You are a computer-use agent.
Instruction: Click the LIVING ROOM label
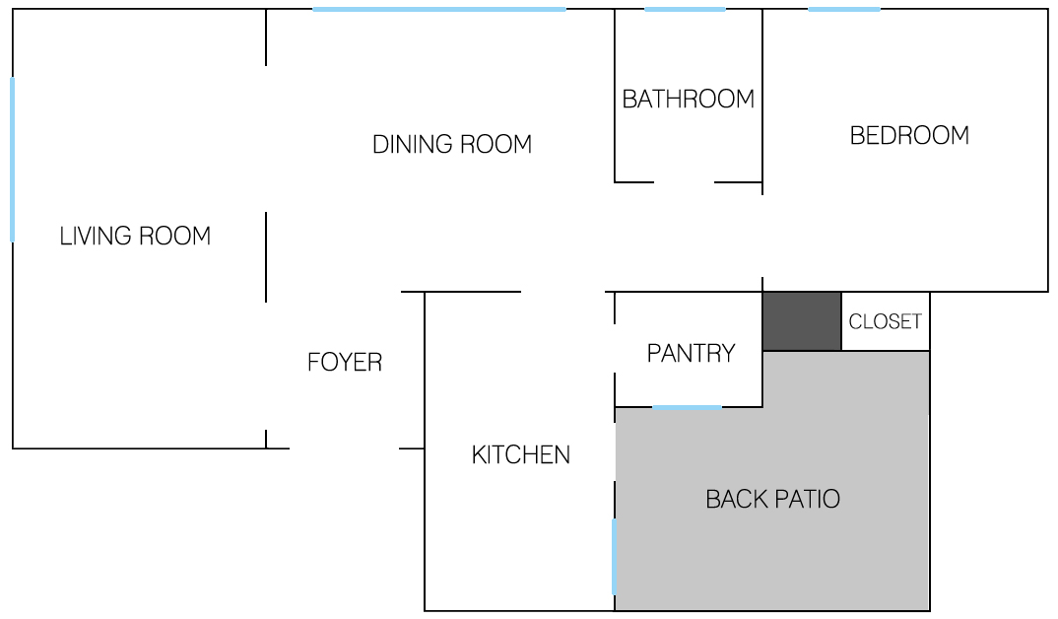(135, 237)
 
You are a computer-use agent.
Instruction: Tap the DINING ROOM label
(452, 145)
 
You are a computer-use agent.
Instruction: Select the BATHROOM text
(689, 100)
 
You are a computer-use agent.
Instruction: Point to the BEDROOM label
(909, 136)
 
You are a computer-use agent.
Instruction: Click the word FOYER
(345, 363)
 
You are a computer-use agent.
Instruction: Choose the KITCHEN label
(521, 455)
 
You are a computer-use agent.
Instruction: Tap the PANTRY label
(691, 353)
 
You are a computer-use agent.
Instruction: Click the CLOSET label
(886, 321)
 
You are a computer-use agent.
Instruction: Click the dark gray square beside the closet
(802, 321)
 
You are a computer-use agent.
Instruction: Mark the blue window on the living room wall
(12, 160)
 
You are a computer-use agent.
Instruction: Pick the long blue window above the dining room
(439, 10)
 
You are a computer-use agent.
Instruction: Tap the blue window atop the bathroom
(685, 10)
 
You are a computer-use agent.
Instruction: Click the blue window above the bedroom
(844, 10)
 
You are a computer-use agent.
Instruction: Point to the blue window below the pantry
(687, 407)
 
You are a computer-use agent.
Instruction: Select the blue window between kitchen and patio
(614, 556)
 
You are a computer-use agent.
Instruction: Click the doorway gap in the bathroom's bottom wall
(685, 182)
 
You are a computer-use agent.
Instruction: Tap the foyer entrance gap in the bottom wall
(344, 448)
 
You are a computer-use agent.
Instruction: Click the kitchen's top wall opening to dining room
(562, 292)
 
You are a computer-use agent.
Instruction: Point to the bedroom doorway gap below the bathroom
(762, 237)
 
